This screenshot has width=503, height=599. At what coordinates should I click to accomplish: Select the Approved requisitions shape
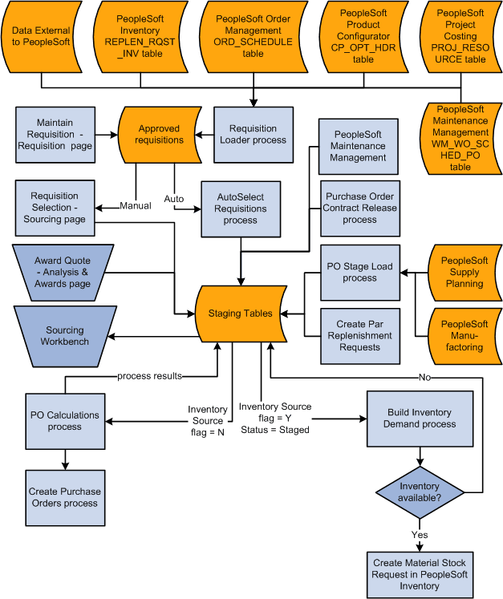[x=159, y=134]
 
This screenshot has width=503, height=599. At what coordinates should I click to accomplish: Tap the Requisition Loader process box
[x=253, y=134]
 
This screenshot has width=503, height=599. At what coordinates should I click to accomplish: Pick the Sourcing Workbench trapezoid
[x=64, y=335]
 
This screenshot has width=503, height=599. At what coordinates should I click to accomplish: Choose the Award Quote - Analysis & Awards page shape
[x=63, y=272]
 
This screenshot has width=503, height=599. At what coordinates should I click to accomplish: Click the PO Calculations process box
[x=64, y=421]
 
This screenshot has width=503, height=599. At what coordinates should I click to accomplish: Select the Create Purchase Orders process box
[x=64, y=497]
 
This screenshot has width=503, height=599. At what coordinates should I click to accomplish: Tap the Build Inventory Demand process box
[x=420, y=418]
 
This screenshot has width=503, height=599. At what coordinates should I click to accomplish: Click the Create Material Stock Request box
[x=420, y=573]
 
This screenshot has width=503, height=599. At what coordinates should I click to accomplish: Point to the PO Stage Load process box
[x=359, y=272]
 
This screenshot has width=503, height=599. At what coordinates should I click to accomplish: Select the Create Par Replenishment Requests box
[x=359, y=334]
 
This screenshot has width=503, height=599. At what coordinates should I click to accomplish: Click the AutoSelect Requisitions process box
[x=240, y=208]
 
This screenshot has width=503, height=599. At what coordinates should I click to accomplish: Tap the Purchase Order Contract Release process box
[x=359, y=208]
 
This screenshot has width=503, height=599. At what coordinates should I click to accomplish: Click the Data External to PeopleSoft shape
[x=40, y=35]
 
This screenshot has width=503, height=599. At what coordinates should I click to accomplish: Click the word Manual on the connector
[x=135, y=206]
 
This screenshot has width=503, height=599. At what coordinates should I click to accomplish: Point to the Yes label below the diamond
[x=420, y=535]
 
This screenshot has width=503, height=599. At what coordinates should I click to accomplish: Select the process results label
[x=149, y=375]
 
